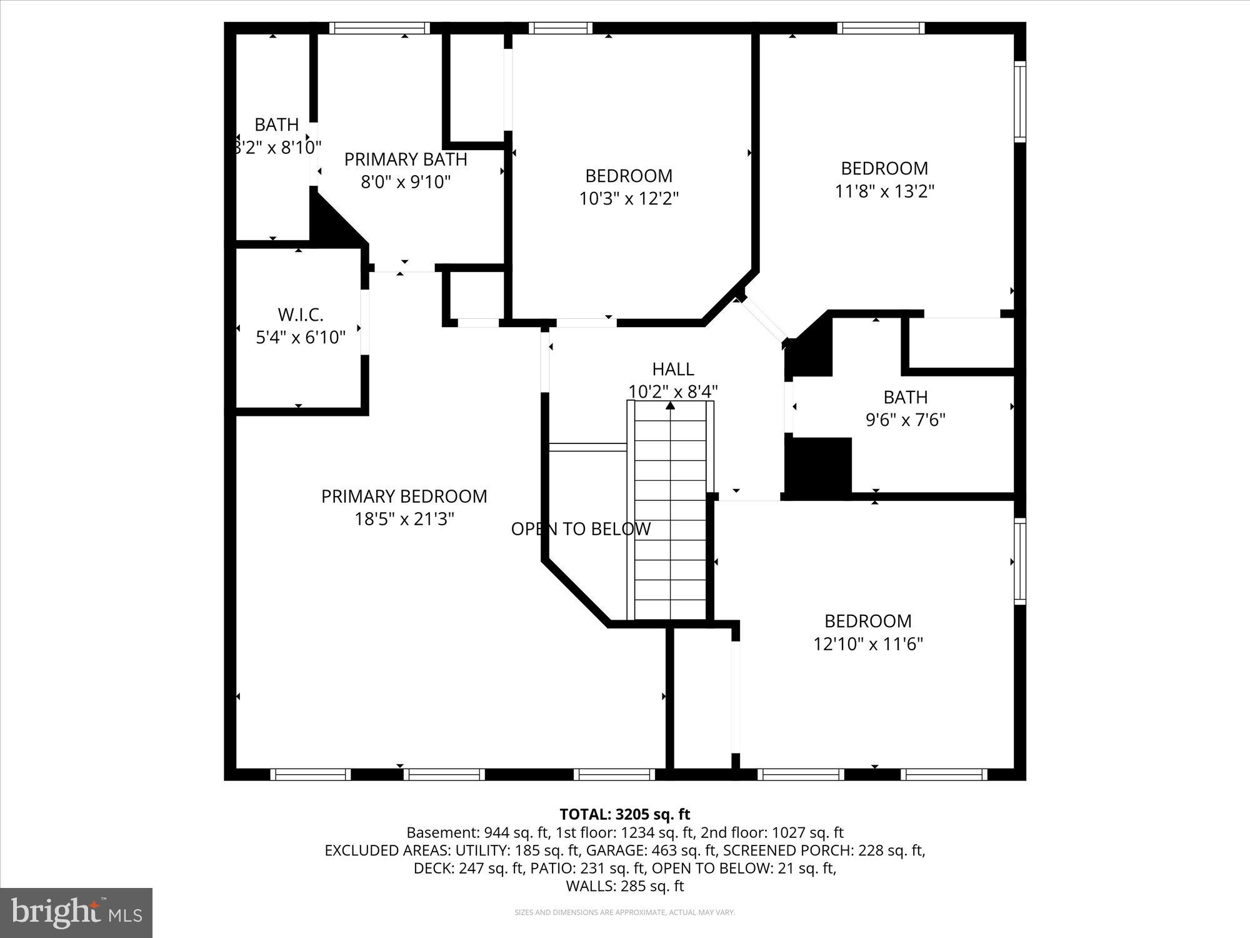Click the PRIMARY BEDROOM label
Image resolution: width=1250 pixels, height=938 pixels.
click(x=404, y=497)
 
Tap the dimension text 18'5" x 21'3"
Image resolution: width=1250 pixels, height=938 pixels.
click(x=404, y=519)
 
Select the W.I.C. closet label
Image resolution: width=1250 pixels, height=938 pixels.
click(x=301, y=315)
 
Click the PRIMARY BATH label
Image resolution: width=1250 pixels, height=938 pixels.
click(x=406, y=159)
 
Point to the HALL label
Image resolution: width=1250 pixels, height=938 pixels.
click(x=672, y=369)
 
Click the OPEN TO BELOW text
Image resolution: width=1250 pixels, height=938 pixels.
click(x=581, y=529)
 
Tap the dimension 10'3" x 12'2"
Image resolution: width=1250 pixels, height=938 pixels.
click(x=629, y=199)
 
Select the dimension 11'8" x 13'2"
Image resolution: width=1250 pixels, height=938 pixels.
click(x=884, y=191)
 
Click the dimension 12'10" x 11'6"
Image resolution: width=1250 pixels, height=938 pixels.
click(x=868, y=644)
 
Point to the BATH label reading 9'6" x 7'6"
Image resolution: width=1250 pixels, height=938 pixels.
click(x=905, y=398)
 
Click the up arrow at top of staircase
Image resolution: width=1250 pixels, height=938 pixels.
click(x=671, y=406)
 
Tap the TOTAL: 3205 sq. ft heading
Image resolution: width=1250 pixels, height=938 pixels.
click(x=624, y=814)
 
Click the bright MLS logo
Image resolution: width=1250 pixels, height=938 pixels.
click(x=76, y=913)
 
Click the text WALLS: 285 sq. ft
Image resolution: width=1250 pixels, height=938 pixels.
click(x=624, y=886)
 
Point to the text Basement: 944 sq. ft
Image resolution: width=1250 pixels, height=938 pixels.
click(x=478, y=833)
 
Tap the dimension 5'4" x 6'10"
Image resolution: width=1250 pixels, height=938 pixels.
click(x=301, y=338)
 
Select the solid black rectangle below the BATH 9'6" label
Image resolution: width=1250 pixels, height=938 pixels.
click(x=818, y=466)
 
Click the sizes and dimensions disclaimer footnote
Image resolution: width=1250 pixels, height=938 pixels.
click(x=624, y=913)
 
